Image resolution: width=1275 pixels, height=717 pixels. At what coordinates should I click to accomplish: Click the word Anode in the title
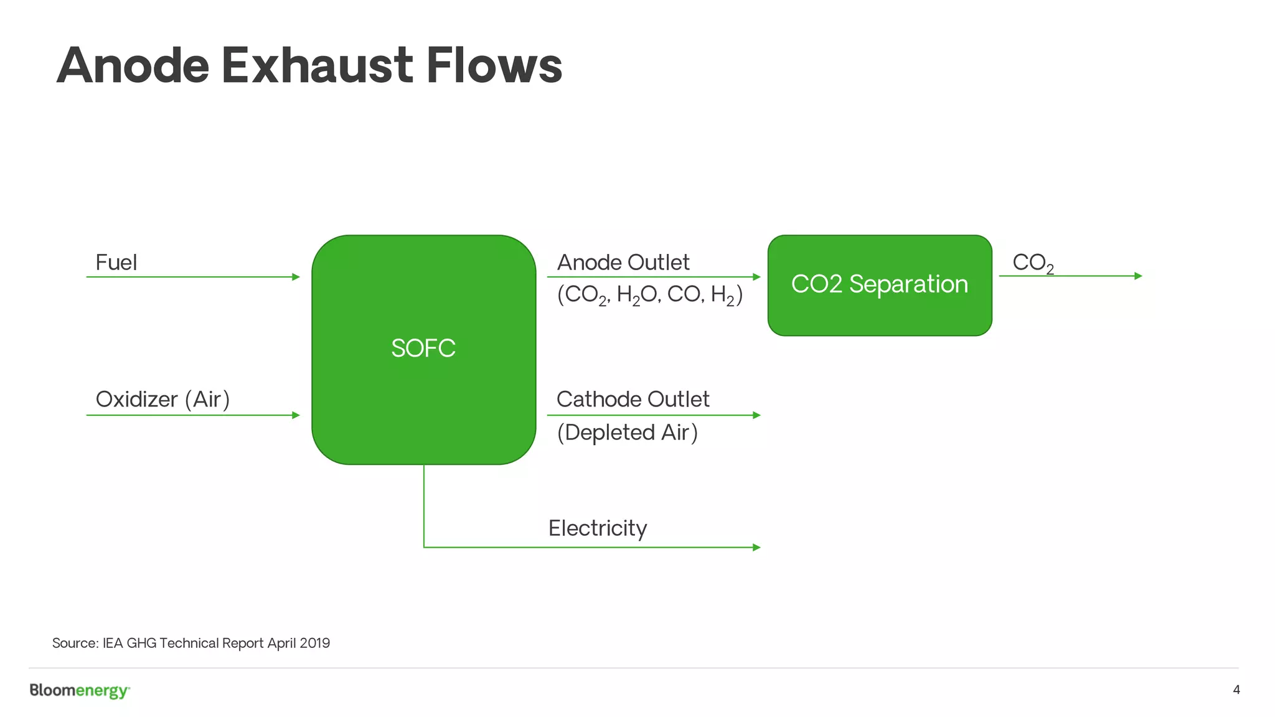133,66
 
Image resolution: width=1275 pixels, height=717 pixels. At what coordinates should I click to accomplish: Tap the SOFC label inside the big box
423,348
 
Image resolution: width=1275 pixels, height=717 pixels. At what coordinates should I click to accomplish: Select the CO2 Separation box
879,284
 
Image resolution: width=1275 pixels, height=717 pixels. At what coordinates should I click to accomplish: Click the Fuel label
116,263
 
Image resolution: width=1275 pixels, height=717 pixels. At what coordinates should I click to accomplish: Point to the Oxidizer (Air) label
162,400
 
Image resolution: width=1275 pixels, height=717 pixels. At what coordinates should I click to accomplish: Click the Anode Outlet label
623,263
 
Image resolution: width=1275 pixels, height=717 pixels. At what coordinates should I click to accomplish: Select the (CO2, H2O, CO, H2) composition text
649,294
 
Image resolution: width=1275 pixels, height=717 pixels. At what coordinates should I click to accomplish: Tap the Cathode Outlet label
633,400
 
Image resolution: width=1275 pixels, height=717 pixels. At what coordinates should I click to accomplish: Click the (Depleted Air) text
627,433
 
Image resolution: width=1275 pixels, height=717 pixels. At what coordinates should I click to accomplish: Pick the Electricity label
598,528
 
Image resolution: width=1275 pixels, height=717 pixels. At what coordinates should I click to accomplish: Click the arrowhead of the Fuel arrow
296,277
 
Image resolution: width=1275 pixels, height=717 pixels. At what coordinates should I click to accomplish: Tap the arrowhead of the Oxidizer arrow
296,415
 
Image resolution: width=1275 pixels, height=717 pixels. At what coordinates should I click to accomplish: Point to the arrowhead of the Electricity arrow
757,548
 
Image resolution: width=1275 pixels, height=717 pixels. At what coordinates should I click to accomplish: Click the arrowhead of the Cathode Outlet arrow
757,415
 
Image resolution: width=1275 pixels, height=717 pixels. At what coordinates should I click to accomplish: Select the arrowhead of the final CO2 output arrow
1139,276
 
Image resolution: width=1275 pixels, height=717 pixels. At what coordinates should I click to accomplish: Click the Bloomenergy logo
80,691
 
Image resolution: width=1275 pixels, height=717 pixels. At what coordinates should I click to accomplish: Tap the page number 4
1236,690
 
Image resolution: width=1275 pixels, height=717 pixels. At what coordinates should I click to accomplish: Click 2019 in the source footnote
314,643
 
